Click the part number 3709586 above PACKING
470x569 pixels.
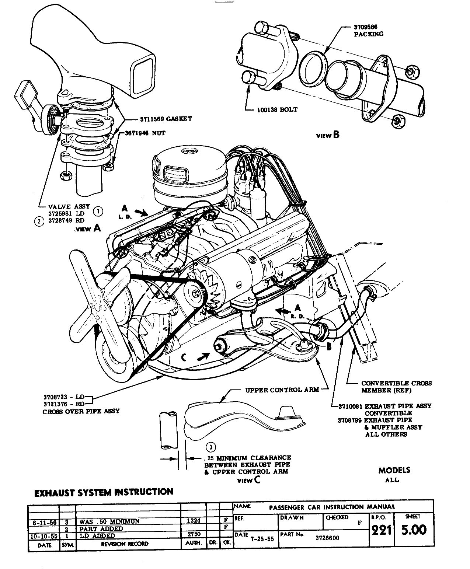(365, 27)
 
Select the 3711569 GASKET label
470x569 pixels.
(166, 119)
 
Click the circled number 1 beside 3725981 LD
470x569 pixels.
(98, 211)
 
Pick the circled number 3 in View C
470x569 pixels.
(210, 447)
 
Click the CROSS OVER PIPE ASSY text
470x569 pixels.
(81, 411)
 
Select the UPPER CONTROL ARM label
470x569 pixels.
(282, 390)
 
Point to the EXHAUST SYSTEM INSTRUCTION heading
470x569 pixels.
(104, 492)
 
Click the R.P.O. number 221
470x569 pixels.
(381, 530)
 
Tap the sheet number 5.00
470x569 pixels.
(414, 530)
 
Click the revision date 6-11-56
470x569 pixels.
(44, 521)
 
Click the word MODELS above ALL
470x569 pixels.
(394, 470)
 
